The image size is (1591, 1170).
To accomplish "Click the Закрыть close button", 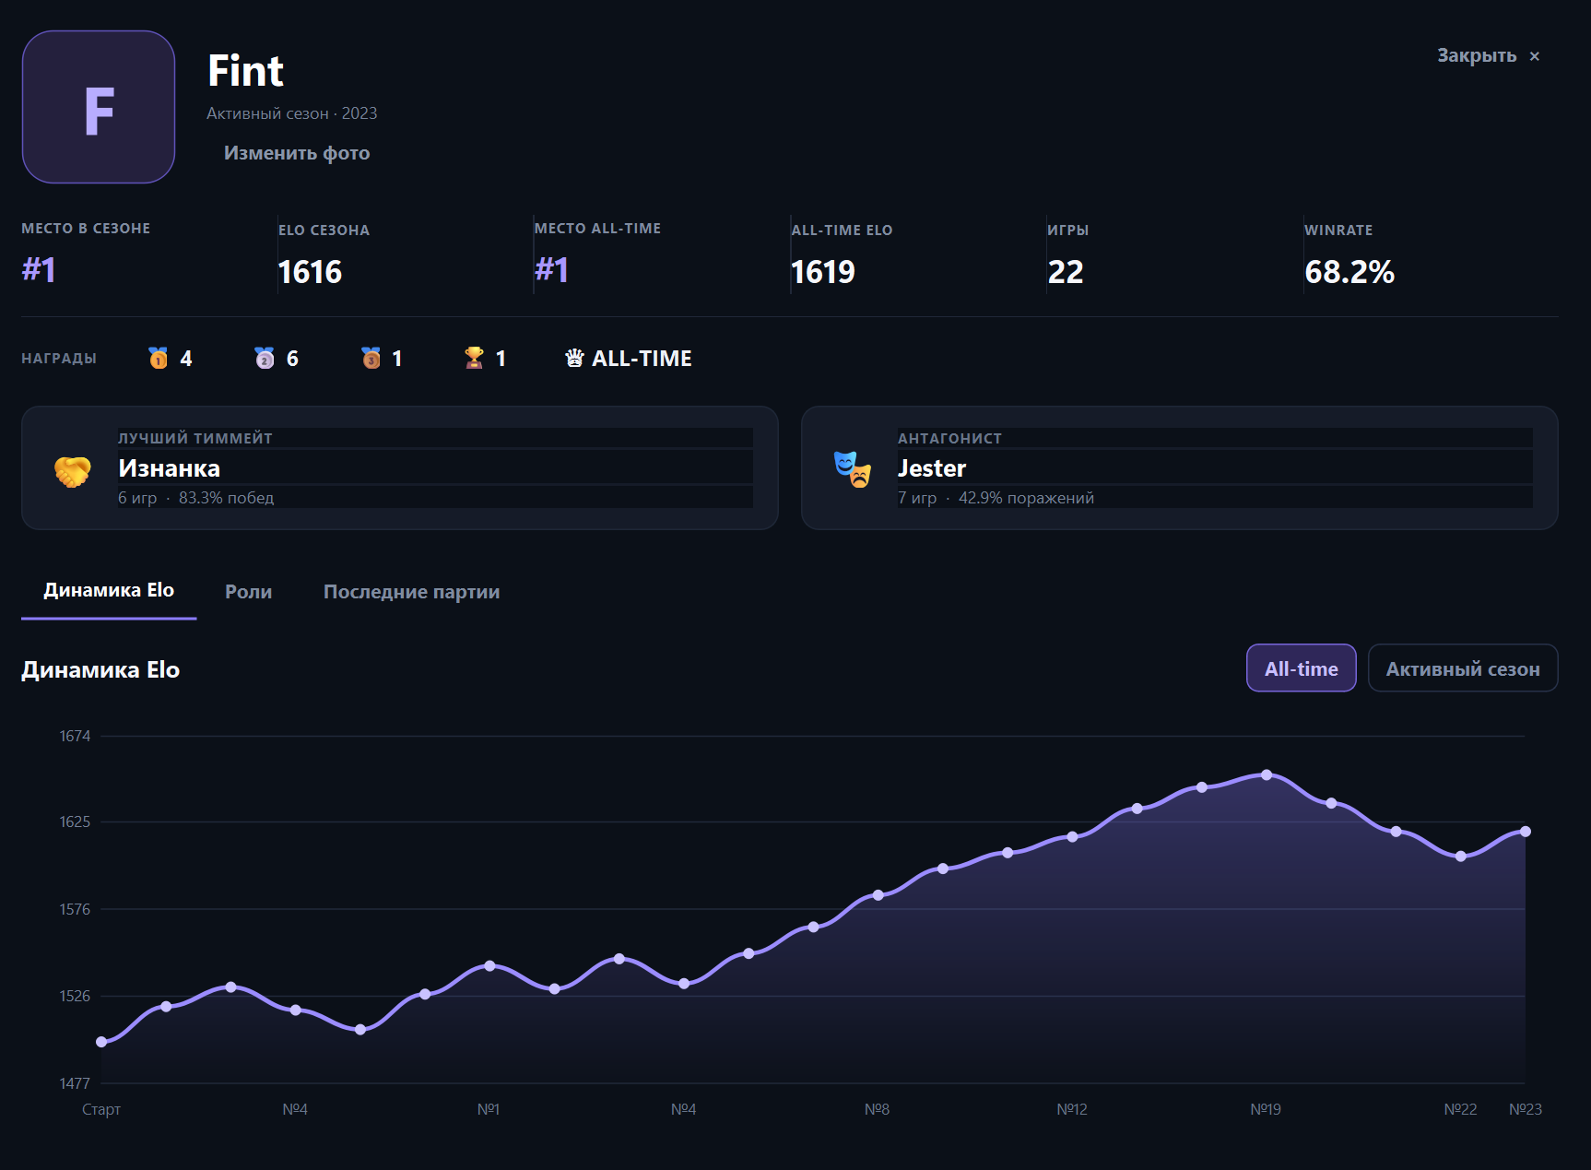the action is [x=1488, y=56].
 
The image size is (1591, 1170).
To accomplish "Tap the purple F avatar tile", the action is [x=99, y=107].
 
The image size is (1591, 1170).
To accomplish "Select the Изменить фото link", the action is [x=297, y=153].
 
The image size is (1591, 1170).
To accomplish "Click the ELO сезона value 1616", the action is [x=310, y=272].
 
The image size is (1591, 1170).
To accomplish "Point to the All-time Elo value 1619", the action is [x=823, y=272].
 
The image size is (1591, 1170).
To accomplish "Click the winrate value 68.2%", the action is [x=1349, y=272].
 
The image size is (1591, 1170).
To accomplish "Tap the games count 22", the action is [x=1066, y=272].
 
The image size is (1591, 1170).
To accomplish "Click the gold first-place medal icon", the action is [x=159, y=358].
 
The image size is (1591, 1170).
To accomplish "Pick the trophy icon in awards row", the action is [x=474, y=358].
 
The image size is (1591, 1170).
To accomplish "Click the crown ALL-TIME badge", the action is [x=629, y=358].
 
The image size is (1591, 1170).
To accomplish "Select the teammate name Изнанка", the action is [x=169, y=468].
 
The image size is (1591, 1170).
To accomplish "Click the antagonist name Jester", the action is [x=932, y=468].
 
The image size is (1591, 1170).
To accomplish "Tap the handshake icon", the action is [x=73, y=472].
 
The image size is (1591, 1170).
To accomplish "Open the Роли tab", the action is [x=248, y=592].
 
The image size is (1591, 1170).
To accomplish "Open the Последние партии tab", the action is [x=411, y=592].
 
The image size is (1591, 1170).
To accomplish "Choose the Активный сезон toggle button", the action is [x=1463, y=668].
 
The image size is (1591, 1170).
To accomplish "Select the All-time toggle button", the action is [x=1301, y=668].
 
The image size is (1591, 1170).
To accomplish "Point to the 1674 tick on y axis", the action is [x=75, y=736].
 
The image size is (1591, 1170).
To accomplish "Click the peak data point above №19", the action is [x=1267, y=775].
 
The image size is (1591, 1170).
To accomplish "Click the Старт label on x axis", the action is [x=101, y=1109].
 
